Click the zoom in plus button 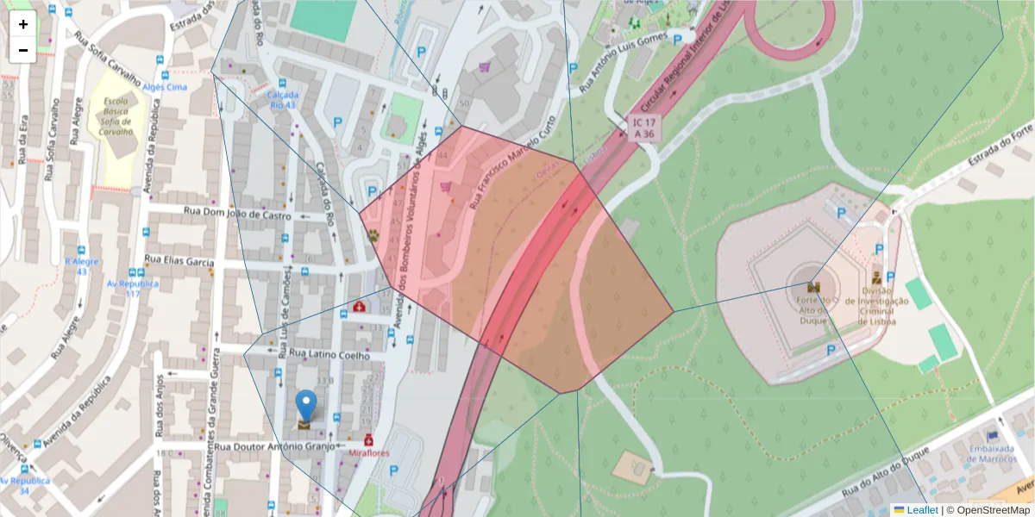[x=23, y=24]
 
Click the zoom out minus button [x=23, y=50]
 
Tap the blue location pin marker [x=305, y=406]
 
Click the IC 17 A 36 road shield [x=643, y=129]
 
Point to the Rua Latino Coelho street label [x=329, y=354]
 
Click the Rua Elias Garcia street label [x=179, y=259]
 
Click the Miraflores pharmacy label [x=370, y=453]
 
